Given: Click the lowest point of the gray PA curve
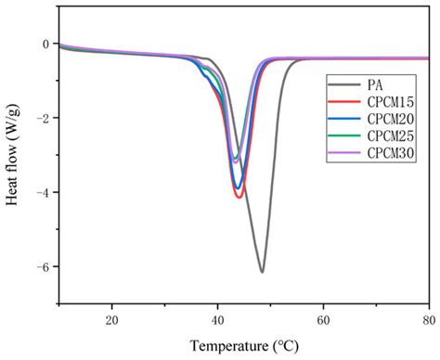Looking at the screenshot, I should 262,272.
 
